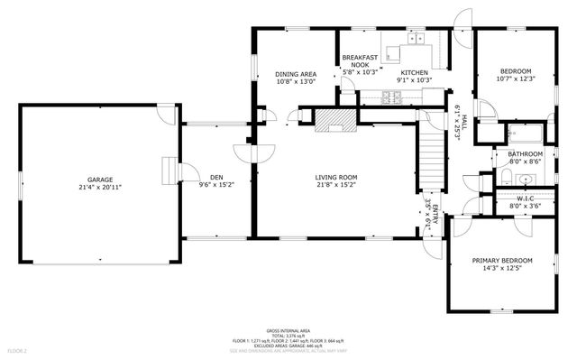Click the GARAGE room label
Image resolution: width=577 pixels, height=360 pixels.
tap(99, 180)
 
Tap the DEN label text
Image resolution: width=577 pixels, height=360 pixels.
tap(216, 177)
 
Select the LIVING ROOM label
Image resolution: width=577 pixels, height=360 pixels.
tap(336, 177)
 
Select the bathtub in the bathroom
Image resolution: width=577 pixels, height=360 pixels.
tap(522, 134)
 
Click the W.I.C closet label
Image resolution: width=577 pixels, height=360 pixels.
tap(527, 198)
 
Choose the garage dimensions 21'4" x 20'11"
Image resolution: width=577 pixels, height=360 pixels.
tap(99, 188)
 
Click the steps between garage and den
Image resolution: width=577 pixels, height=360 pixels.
tap(167, 171)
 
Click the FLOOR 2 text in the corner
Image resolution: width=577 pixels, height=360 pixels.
tap(18, 350)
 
